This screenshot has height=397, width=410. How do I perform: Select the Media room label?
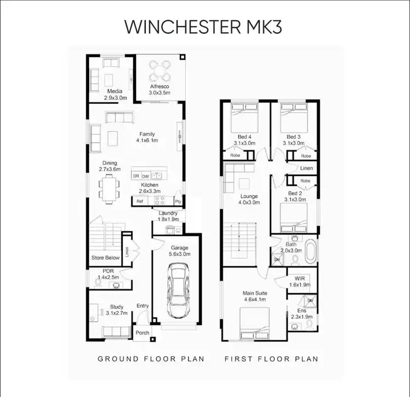tap(114, 91)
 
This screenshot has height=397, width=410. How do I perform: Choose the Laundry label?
tap(167, 213)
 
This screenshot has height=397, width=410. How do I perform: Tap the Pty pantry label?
tap(178, 201)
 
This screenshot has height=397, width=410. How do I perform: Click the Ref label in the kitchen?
tap(140, 202)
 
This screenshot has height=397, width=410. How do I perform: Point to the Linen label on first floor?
tap(306, 168)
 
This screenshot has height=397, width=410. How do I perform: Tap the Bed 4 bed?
tap(243, 117)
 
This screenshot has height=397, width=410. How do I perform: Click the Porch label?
tap(142, 333)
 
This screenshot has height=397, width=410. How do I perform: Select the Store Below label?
tap(105, 258)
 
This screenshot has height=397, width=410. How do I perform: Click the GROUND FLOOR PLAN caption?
tap(151, 359)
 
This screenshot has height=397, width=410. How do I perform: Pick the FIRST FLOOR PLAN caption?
tap(271, 359)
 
